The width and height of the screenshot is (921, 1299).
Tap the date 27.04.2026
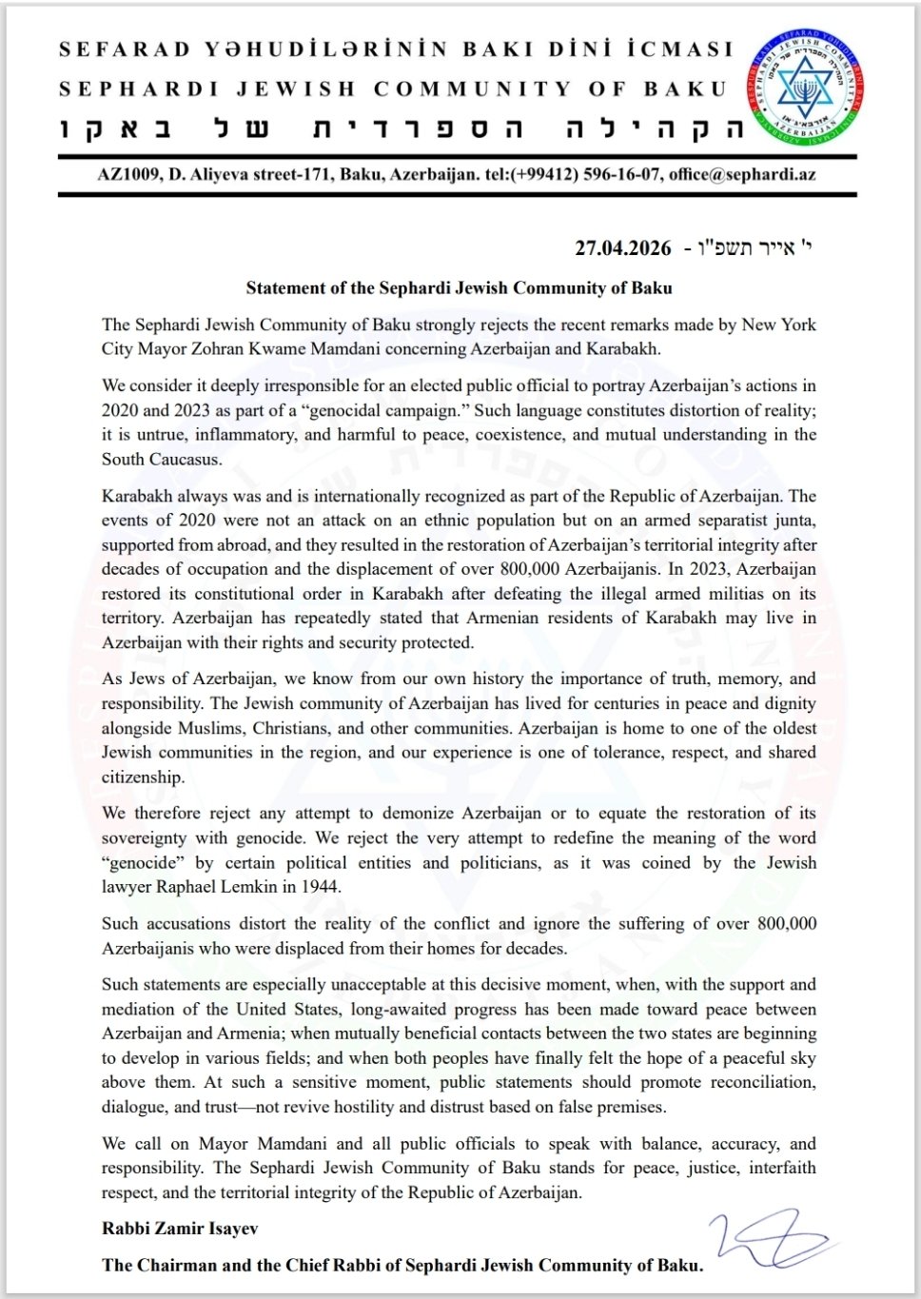622,248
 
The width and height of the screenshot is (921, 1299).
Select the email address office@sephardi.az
742,175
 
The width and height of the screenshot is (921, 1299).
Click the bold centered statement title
459,287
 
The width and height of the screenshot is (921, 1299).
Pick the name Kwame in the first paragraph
382,348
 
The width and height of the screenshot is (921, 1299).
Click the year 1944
321,887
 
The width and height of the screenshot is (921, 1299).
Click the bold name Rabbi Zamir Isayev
180,1229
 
